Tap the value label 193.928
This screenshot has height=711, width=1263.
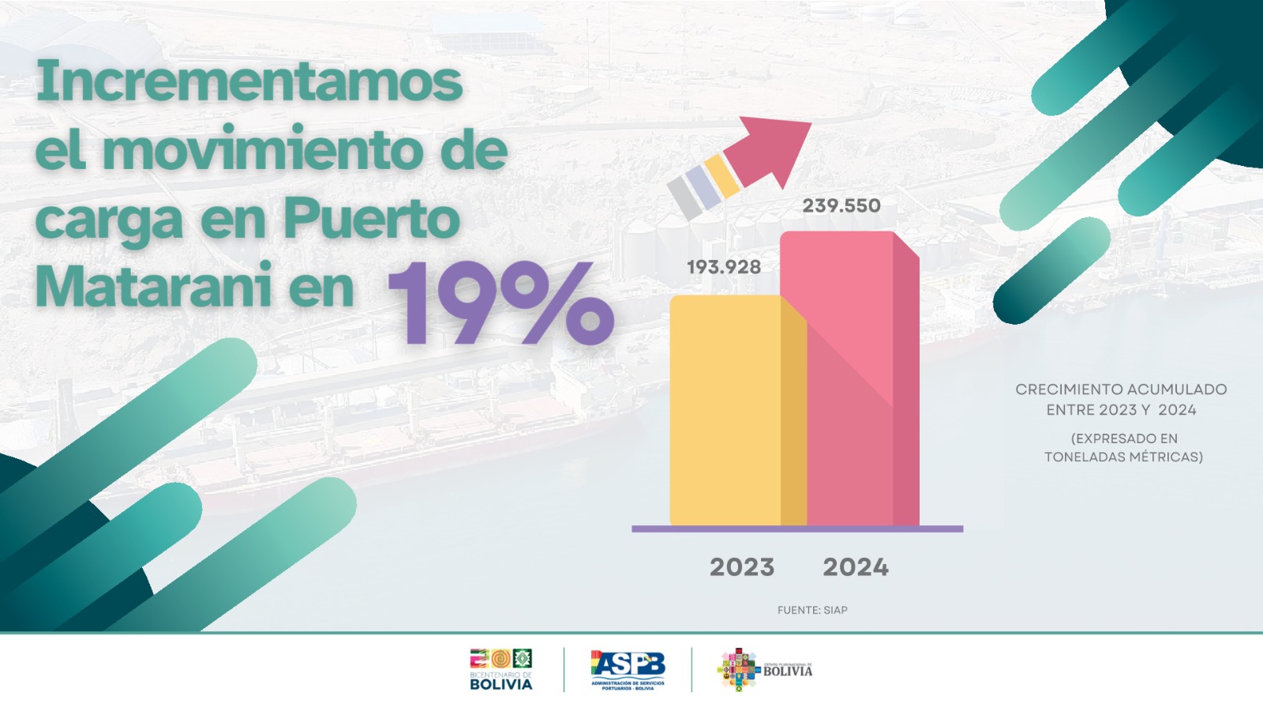click(x=724, y=267)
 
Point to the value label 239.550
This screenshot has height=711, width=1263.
click(x=841, y=205)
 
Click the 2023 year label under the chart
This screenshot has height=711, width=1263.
click(x=742, y=566)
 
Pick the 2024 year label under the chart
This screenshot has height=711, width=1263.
click(x=856, y=566)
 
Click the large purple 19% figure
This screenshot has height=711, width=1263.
click(x=501, y=304)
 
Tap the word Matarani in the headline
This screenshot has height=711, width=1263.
click(x=154, y=287)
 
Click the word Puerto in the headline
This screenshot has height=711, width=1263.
click(x=371, y=219)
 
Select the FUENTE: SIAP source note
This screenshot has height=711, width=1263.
click(x=812, y=610)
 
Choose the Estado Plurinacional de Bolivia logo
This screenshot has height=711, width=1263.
click(x=764, y=670)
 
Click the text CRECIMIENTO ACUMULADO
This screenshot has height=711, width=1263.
click(x=1121, y=389)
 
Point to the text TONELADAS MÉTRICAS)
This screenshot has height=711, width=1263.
click(x=1123, y=457)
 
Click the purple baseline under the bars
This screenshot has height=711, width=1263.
click(x=797, y=529)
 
